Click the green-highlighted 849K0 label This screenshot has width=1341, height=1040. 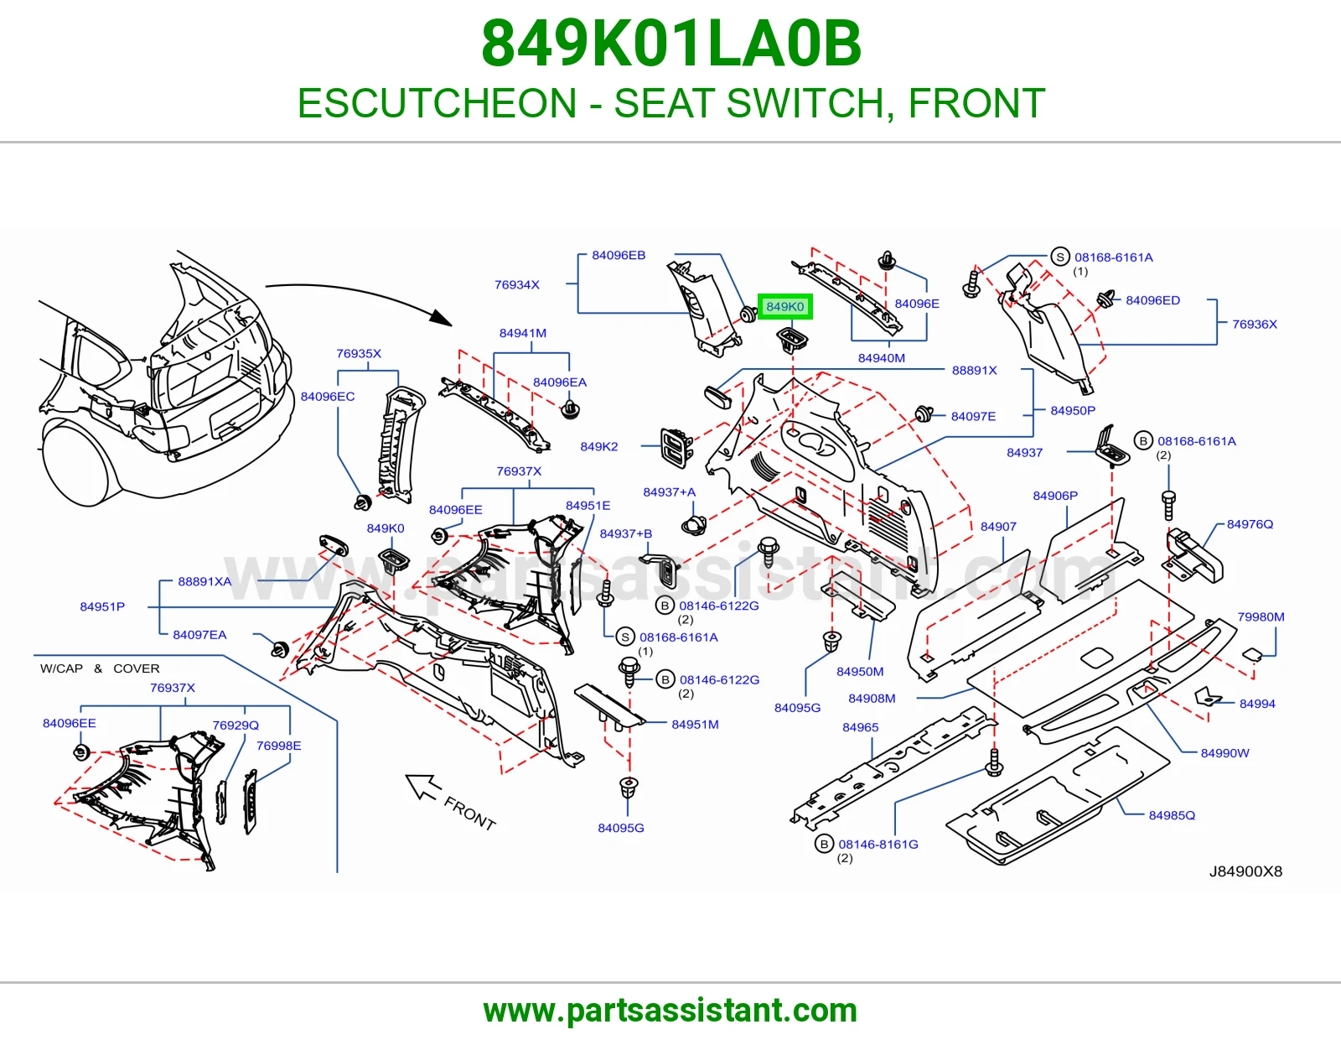[x=785, y=306]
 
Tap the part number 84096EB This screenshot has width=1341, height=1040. [x=619, y=255]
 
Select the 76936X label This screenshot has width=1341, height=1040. [x=1255, y=325]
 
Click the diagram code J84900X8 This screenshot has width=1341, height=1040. [x=1245, y=871]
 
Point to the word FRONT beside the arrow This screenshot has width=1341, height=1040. [x=470, y=814]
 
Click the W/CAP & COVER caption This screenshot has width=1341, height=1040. [x=100, y=668]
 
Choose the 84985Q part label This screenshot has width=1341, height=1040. [x=1172, y=815]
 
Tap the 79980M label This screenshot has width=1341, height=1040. [x=1261, y=617]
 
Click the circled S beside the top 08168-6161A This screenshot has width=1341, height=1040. [x=1059, y=257]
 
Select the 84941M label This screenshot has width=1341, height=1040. [x=523, y=333]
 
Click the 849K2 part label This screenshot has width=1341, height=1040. [x=598, y=446]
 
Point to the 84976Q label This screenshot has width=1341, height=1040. [x=1250, y=524]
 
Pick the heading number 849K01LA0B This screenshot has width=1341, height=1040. [x=670, y=44]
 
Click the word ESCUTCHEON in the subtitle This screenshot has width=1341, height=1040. [x=437, y=103]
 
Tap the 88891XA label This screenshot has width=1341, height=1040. [x=205, y=582]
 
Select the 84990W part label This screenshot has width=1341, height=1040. [x=1225, y=753]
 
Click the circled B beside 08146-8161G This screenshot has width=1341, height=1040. [x=824, y=844]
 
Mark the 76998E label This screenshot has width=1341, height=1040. [x=278, y=746]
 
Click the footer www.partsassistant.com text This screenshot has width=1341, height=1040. [x=670, y=1011]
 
